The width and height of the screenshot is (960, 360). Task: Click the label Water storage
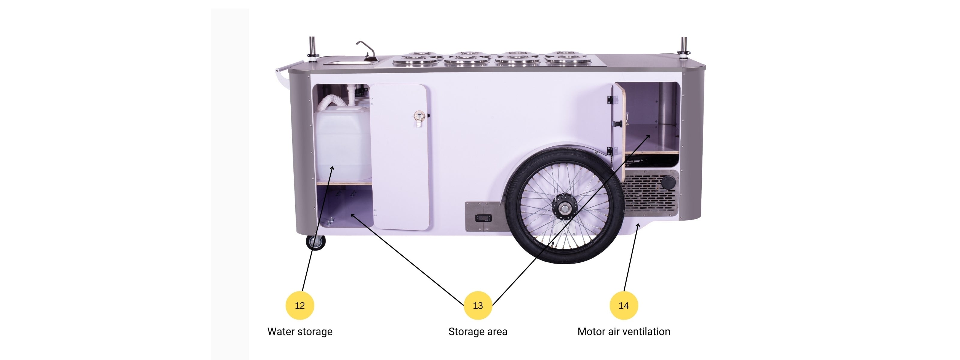click(x=300, y=331)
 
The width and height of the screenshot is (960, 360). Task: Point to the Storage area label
click(x=477, y=331)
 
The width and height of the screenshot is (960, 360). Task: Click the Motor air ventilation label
click(x=623, y=331)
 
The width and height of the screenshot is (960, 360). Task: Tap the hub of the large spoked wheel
click(x=565, y=205)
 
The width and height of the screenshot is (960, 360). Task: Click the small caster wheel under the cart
click(x=316, y=243)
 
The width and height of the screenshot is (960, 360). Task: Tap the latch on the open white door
click(x=420, y=117)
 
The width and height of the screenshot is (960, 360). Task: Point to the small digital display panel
click(x=483, y=217)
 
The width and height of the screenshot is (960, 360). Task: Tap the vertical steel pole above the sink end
click(x=312, y=46)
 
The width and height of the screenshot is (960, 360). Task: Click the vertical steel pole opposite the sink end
click(x=684, y=46)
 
